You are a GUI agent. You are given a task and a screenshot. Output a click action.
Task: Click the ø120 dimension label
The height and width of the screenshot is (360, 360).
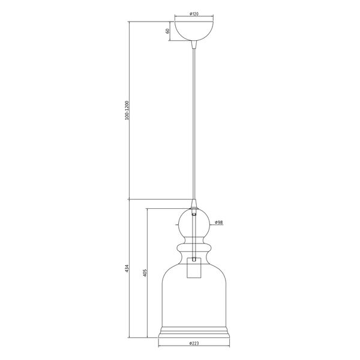point(194,14)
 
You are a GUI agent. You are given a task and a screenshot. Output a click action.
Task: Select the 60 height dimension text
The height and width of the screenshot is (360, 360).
point(167,31)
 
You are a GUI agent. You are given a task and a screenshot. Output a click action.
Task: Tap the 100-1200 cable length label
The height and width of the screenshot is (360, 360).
point(127,110)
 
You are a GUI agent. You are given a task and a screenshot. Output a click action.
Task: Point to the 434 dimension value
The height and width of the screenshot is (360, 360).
point(127,268)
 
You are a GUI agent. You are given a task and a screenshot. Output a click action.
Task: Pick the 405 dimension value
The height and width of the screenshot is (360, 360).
point(145,273)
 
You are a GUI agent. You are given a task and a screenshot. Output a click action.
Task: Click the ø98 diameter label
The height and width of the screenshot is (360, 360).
point(219,222)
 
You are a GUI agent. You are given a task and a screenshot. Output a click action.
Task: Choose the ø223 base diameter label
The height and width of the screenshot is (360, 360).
point(194,350)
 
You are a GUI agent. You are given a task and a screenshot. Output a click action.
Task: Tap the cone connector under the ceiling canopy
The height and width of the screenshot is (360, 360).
point(194,45)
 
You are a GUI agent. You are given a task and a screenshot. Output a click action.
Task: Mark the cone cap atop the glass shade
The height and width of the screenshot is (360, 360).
point(194,204)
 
